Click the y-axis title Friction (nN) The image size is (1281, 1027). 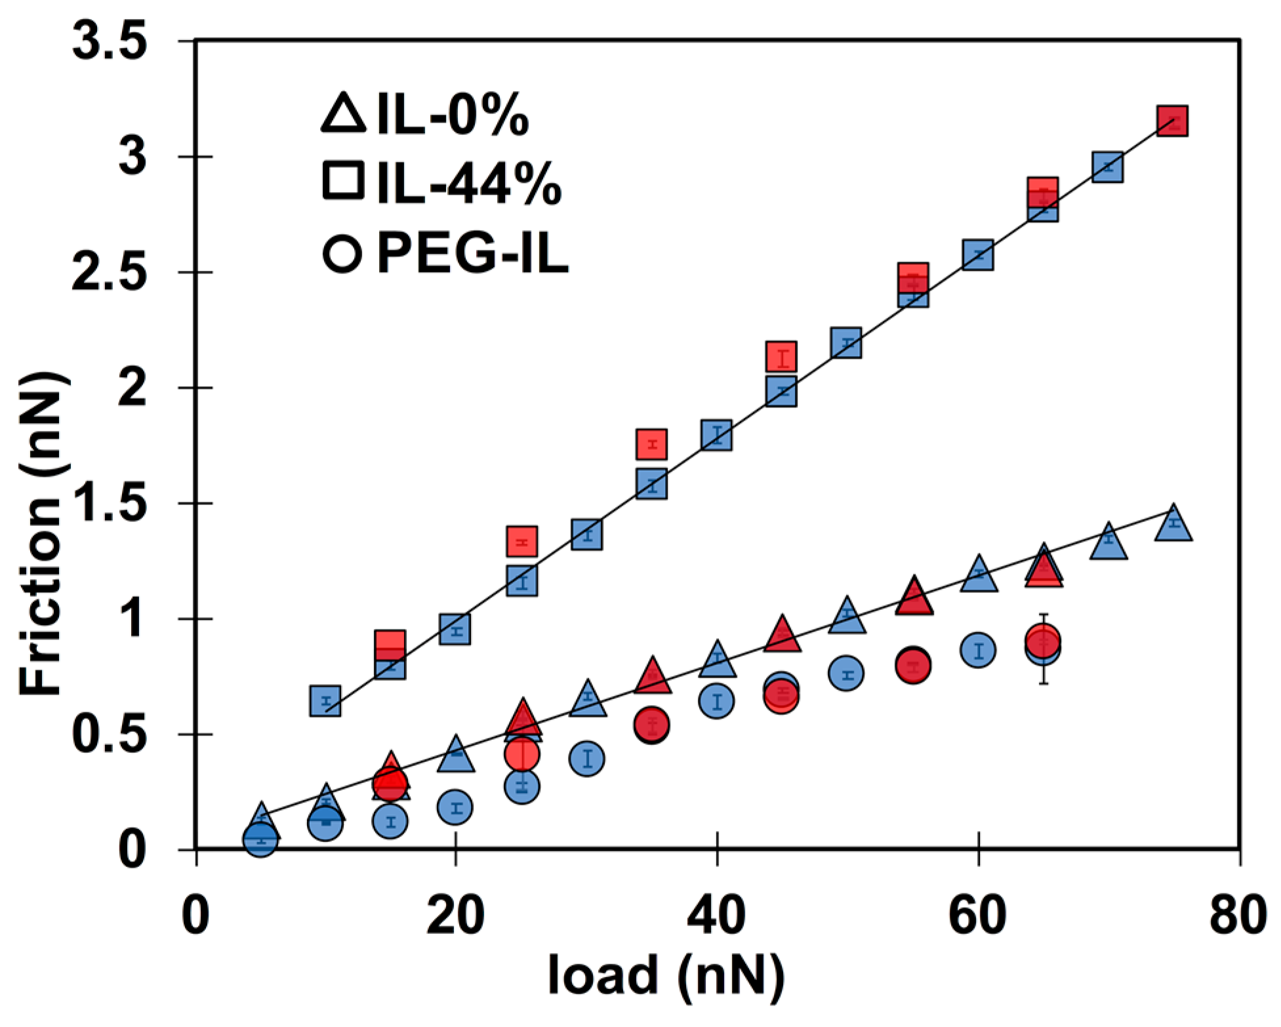pyautogui.click(x=41, y=534)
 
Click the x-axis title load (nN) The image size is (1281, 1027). pyautogui.click(x=666, y=973)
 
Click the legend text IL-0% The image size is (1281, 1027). pyautogui.click(x=453, y=117)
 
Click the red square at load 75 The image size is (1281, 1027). pyautogui.click(x=1172, y=121)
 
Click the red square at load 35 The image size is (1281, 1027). pyautogui.click(x=651, y=444)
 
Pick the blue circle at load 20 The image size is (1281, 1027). pyautogui.click(x=456, y=807)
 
